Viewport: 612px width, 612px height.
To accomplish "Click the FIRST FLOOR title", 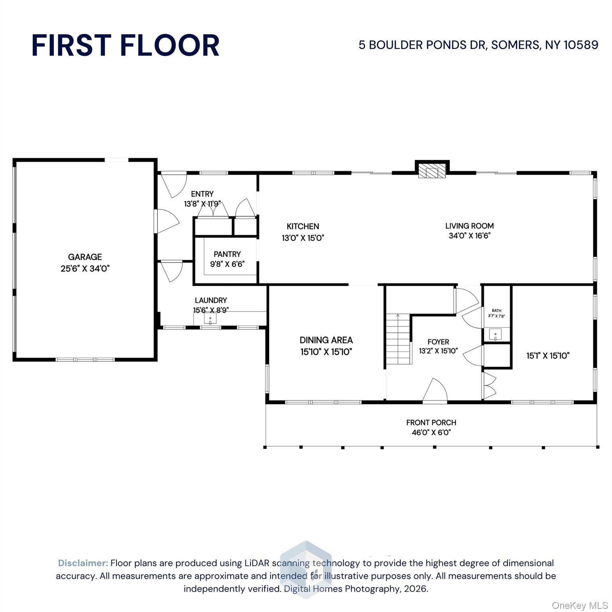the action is [125, 45].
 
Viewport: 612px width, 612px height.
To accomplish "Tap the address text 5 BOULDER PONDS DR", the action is [422, 45].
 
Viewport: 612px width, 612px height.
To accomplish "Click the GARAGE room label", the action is [85, 257].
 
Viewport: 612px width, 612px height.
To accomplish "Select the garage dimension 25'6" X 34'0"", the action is [85, 269].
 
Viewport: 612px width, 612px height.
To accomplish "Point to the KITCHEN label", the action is [303, 226].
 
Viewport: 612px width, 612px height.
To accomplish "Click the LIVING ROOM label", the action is [469, 226].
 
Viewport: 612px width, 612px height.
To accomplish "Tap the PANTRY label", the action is [227, 254].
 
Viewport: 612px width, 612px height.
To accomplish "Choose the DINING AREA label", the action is [326, 340].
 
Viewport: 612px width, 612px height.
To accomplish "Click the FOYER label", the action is [438, 342].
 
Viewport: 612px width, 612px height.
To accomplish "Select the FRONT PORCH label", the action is [431, 422].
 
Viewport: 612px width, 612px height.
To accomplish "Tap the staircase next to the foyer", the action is [398, 339].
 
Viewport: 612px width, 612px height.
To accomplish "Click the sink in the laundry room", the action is [210, 319].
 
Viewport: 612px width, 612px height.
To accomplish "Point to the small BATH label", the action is [496, 310].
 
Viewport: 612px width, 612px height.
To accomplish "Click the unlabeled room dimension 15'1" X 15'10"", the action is [548, 355].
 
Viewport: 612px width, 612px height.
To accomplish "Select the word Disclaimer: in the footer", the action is [83, 563].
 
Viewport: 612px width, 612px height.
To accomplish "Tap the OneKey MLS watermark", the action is [580, 605].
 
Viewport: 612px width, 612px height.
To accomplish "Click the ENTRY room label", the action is [202, 194].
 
